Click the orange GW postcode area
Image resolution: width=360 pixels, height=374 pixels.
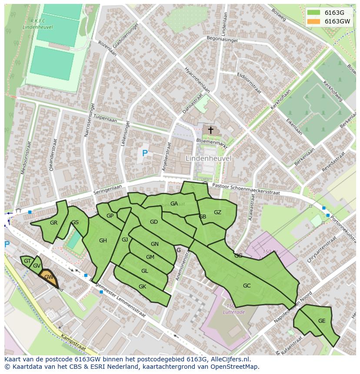(x=49, y=277)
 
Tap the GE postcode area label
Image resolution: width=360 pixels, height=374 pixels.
(x=322, y=321)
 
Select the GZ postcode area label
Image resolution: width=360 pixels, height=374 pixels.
(x=217, y=212)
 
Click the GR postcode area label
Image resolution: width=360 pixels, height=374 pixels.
(x=53, y=223)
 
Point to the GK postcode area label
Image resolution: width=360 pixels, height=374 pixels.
(x=142, y=287)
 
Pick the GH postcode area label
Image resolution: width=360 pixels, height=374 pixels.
(x=103, y=241)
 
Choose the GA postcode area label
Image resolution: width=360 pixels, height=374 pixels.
(x=174, y=204)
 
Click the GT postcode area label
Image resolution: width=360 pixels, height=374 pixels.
(x=27, y=261)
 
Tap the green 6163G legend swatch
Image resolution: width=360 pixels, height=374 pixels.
(x=313, y=13)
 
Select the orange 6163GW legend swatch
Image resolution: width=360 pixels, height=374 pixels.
(x=313, y=21)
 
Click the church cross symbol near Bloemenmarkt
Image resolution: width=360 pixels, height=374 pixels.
(x=210, y=130)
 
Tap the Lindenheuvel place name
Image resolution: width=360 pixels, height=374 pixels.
(x=208, y=159)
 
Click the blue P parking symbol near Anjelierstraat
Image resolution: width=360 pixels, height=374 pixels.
(x=145, y=153)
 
